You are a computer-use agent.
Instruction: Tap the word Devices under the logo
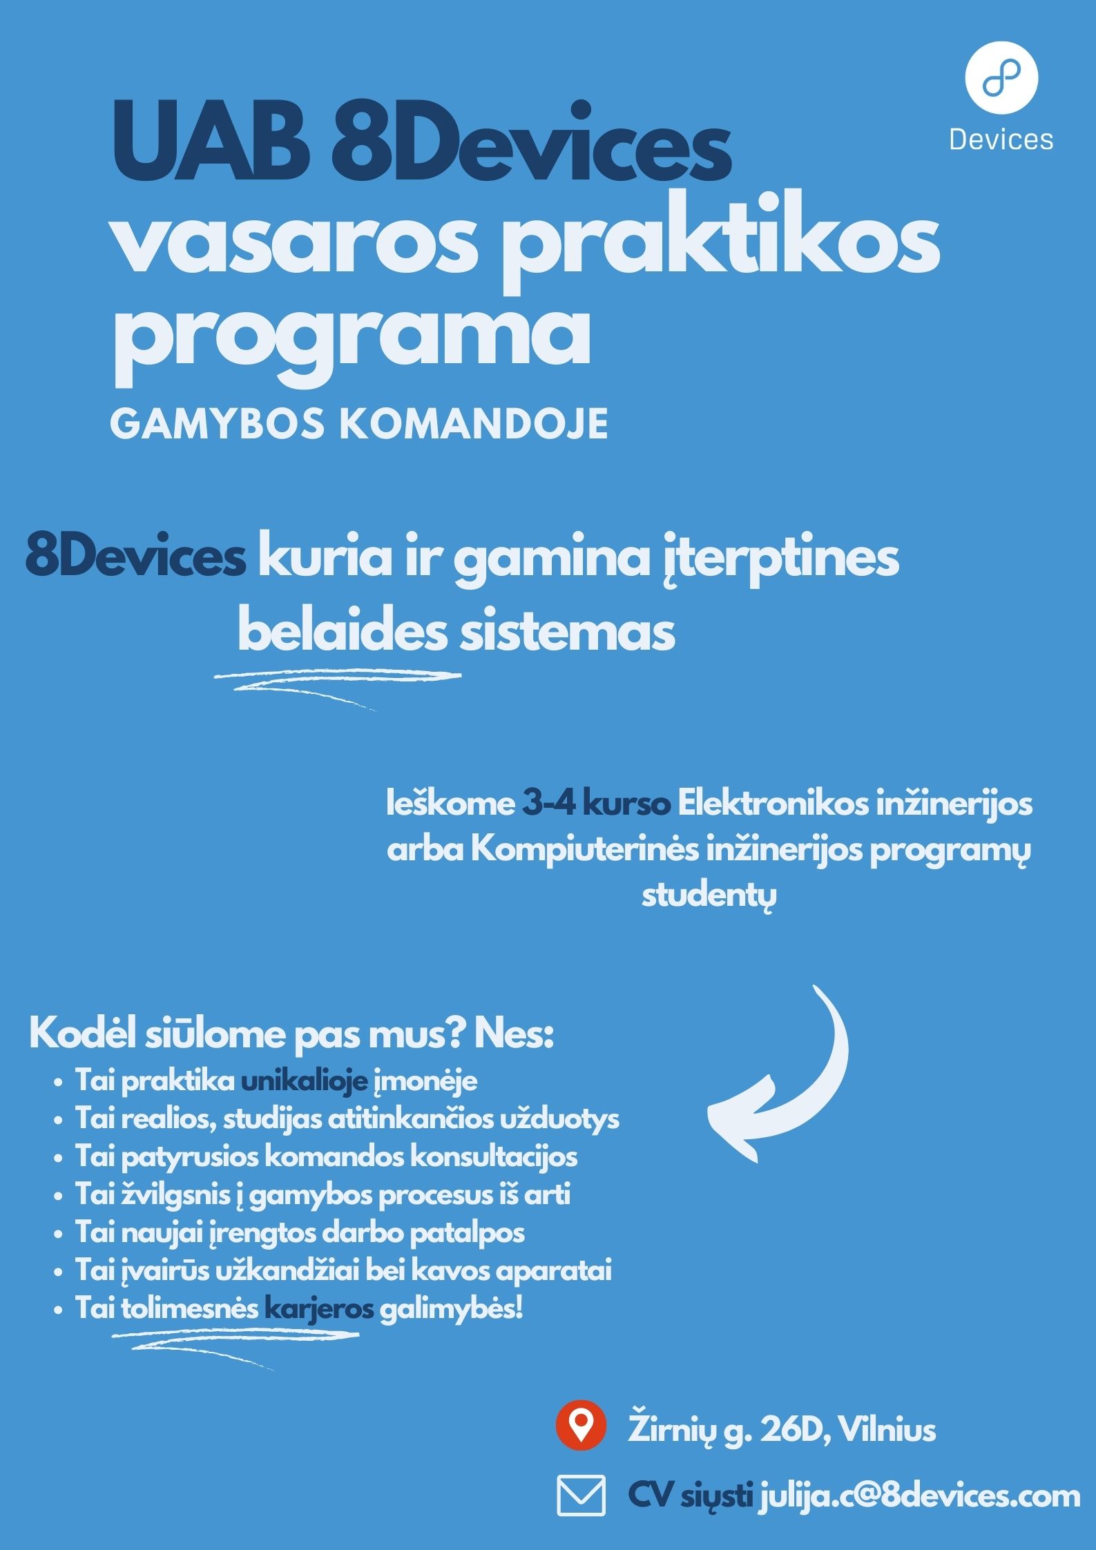pos(1001,140)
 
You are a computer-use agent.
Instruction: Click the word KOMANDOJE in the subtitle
pos(474,423)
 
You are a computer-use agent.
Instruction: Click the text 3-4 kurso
pos(596,804)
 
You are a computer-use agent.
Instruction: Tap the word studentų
pos(709,895)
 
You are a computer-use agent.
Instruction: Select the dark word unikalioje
pos(304,1081)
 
